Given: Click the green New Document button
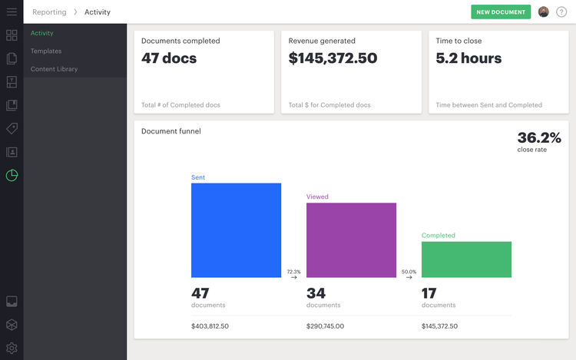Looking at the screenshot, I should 501,12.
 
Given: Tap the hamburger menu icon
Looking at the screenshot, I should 12,12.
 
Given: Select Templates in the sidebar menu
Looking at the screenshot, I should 46,51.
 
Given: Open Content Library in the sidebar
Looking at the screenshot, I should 54,69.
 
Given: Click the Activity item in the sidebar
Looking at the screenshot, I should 42,34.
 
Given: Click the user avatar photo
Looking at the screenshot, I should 544,12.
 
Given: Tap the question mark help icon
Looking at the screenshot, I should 561,12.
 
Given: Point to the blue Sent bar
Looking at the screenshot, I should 236,230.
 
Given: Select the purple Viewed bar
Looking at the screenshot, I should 351,239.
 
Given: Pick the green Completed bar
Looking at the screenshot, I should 466,259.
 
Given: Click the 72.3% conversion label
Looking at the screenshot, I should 293,272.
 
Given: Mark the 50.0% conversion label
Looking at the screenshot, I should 409,272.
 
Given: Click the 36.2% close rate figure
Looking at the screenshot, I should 539,138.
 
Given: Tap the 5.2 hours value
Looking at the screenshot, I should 468,58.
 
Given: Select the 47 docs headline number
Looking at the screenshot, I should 169,58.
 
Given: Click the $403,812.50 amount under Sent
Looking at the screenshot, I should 210,326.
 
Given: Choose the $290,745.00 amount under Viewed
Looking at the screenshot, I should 325,326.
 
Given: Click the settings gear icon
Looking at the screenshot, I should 12,348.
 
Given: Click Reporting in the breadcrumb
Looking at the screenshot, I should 48,12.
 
